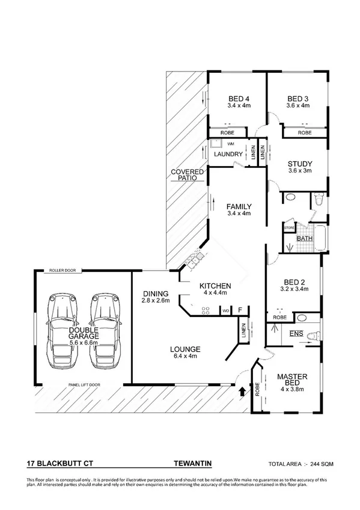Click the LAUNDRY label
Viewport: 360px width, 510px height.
[228, 155]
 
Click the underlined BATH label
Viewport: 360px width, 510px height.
[305, 239]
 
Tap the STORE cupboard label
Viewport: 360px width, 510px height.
[288, 228]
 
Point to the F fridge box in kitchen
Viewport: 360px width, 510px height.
[240, 310]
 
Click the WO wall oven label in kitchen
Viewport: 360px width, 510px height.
[225, 311]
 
